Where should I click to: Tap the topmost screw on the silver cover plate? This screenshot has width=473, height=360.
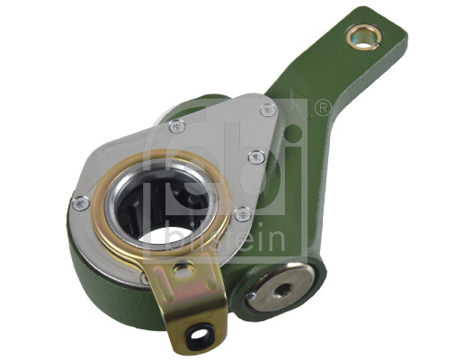pos(267,110)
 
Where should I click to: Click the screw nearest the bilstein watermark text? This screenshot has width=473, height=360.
pos(242,214)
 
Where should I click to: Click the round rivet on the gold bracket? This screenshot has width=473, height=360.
pos(184,269)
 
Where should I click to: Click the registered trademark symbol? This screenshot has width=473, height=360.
pos(322,109)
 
